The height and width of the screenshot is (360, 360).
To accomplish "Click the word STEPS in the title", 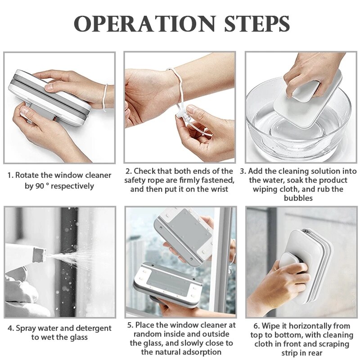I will click(x=252, y=23).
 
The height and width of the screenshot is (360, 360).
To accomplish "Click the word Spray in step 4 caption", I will click(x=27, y=328).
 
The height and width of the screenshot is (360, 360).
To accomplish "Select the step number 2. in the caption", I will click(x=128, y=171).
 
